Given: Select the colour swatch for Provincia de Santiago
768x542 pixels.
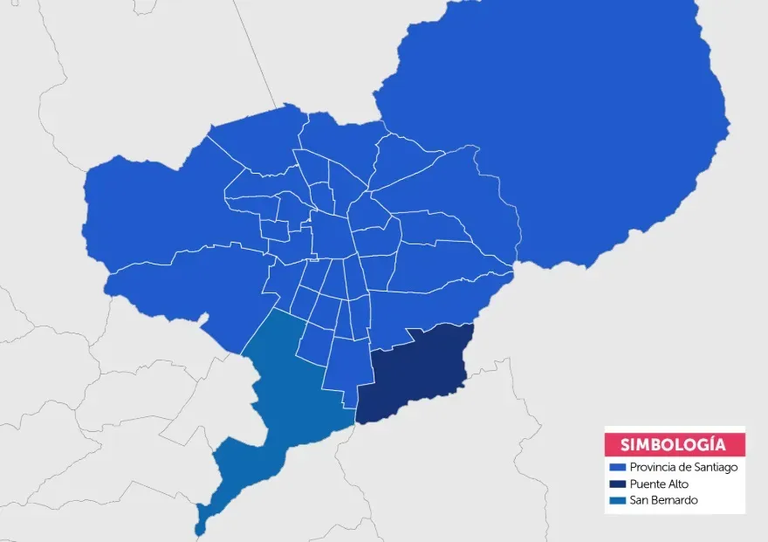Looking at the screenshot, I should point(617,468).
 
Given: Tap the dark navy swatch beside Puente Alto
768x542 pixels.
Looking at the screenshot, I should point(617,484).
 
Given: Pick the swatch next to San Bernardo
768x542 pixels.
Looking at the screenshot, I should point(617,501).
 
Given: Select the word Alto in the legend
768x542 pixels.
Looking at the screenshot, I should point(678,484).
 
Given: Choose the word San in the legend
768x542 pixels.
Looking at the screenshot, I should point(638,501).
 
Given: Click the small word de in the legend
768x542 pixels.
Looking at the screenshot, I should point(685,468).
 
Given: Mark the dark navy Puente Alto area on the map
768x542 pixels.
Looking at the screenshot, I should point(415,371).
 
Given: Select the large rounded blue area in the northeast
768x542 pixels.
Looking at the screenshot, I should point(559,122).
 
